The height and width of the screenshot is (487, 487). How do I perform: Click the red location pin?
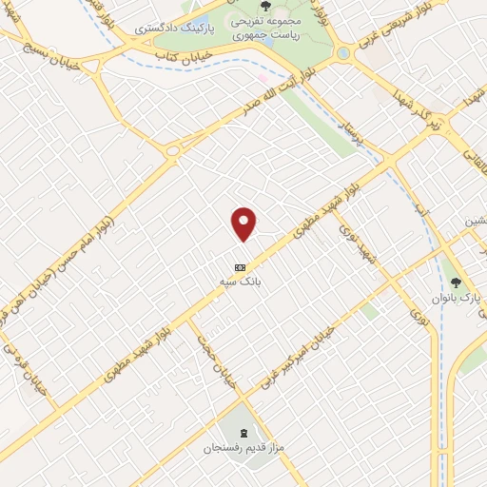[244, 223]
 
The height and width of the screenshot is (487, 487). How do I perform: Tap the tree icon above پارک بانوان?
[456, 282]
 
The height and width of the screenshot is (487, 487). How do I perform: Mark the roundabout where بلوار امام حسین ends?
[173, 150]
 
